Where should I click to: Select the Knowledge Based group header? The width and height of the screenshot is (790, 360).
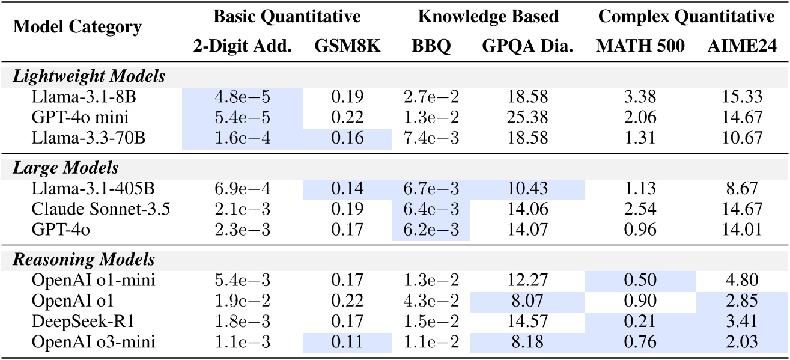point(488,16)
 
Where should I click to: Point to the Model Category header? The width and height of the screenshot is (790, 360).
point(78,27)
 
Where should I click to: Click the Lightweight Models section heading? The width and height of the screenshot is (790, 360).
point(90,76)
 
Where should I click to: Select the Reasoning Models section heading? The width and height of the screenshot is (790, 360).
point(85,260)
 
